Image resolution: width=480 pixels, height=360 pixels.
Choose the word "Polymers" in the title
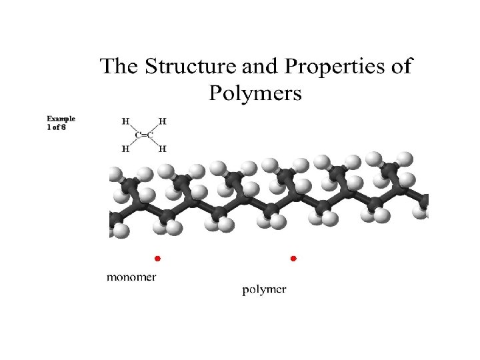[x=255, y=93]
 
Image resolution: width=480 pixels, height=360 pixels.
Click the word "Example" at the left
[x=61, y=119]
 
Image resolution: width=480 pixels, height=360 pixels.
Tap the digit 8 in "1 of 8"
[x=63, y=127]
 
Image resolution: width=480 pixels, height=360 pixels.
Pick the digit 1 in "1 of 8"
[x=49, y=127]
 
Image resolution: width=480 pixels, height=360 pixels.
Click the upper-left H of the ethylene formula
[x=125, y=121]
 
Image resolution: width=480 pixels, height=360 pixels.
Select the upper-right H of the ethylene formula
[x=162, y=121]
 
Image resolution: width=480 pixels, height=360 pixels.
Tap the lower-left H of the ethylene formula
[x=125, y=148]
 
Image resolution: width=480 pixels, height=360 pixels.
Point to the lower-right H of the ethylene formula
[x=162, y=148]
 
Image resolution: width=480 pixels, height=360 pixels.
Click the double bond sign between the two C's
[x=143, y=135]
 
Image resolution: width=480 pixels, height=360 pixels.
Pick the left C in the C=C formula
[x=137, y=135]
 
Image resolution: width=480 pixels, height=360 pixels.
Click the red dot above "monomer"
[x=157, y=257]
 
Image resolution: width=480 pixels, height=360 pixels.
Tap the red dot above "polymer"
[x=293, y=257]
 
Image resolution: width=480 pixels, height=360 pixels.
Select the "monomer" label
[x=132, y=277]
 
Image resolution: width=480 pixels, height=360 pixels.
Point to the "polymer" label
[x=263, y=289]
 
